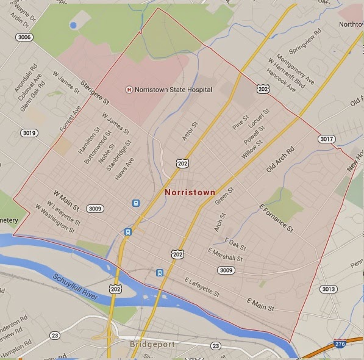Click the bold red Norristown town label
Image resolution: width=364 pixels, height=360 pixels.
pyautogui.click(x=190, y=192)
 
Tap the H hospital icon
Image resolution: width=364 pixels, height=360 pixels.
pyautogui.click(x=129, y=90)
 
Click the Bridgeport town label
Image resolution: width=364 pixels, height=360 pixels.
pyautogui.click(x=152, y=344)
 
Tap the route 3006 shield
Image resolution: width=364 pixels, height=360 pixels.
pyautogui.click(x=25, y=37)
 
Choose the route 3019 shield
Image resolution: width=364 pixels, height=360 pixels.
pyautogui.click(x=29, y=132)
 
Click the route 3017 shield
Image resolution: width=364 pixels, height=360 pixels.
pyautogui.click(x=327, y=139)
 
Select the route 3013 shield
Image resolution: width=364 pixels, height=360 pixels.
pyautogui.click(x=329, y=289)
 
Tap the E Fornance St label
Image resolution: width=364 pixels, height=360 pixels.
pyautogui.click(x=276, y=218)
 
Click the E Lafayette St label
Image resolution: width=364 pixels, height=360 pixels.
pyautogui.click(x=202, y=287)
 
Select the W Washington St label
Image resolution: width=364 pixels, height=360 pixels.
pyautogui.click(x=54, y=219)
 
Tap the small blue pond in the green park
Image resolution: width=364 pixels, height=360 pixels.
pyautogui.click(x=73, y=25)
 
